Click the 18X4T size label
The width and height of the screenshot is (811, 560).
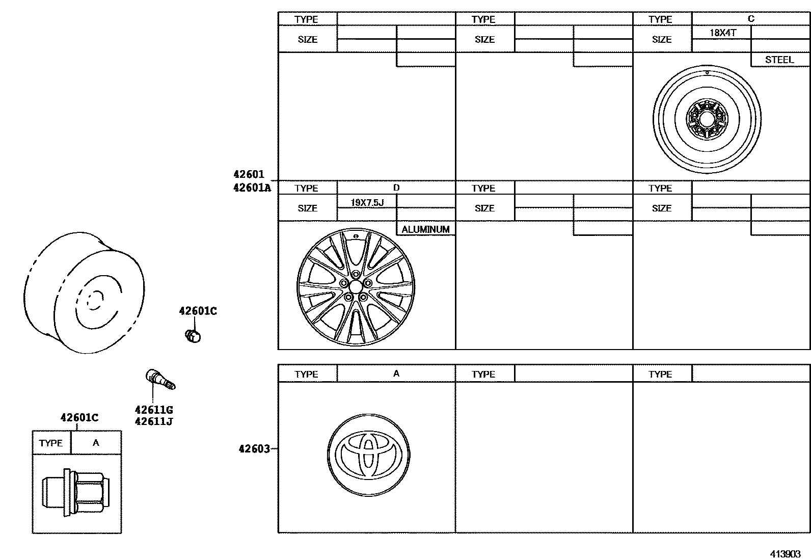click(723, 33)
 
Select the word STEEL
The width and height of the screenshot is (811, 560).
click(779, 60)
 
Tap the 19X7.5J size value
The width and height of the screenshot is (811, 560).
click(367, 202)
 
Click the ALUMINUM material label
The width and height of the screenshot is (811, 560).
click(425, 229)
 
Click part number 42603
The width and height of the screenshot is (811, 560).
click(254, 449)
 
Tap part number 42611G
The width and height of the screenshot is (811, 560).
click(154, 410)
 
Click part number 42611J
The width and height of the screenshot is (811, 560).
click(154, 421)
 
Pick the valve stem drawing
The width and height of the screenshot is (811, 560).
click(160, 379)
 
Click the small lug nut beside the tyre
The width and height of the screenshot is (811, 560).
click(193, 336)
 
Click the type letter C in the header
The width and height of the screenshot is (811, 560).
click(750, 19)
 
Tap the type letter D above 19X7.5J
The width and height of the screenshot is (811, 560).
click(396, 188)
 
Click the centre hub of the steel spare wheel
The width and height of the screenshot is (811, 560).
click(707, 119)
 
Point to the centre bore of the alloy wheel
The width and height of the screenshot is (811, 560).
click(355, 287)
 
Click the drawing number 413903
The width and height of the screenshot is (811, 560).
click(785, 554)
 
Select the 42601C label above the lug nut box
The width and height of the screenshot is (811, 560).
click(79, 418)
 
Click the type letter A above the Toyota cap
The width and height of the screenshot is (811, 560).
click(396, 374)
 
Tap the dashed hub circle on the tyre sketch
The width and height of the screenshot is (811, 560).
click(94, 300)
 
